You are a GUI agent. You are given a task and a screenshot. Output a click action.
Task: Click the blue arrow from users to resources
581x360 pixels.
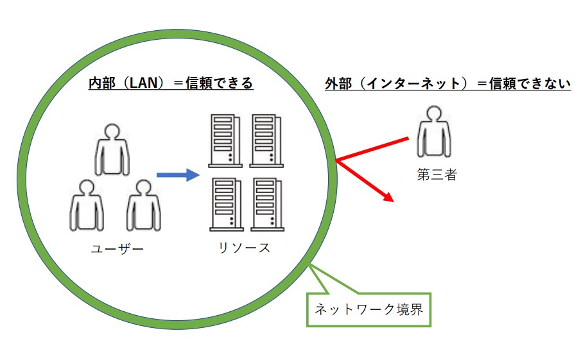tap(175, 174)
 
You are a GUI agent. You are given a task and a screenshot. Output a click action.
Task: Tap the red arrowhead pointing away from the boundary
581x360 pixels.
tap(387, 196)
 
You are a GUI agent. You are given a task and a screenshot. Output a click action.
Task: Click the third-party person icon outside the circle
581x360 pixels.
tap(435, 132)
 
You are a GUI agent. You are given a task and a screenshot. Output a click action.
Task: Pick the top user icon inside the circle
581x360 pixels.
tap(112, 149)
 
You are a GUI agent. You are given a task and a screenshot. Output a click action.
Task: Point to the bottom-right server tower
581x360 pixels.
tap(266, 205)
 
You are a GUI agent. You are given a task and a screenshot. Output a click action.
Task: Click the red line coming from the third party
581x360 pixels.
tap(372, 148)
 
